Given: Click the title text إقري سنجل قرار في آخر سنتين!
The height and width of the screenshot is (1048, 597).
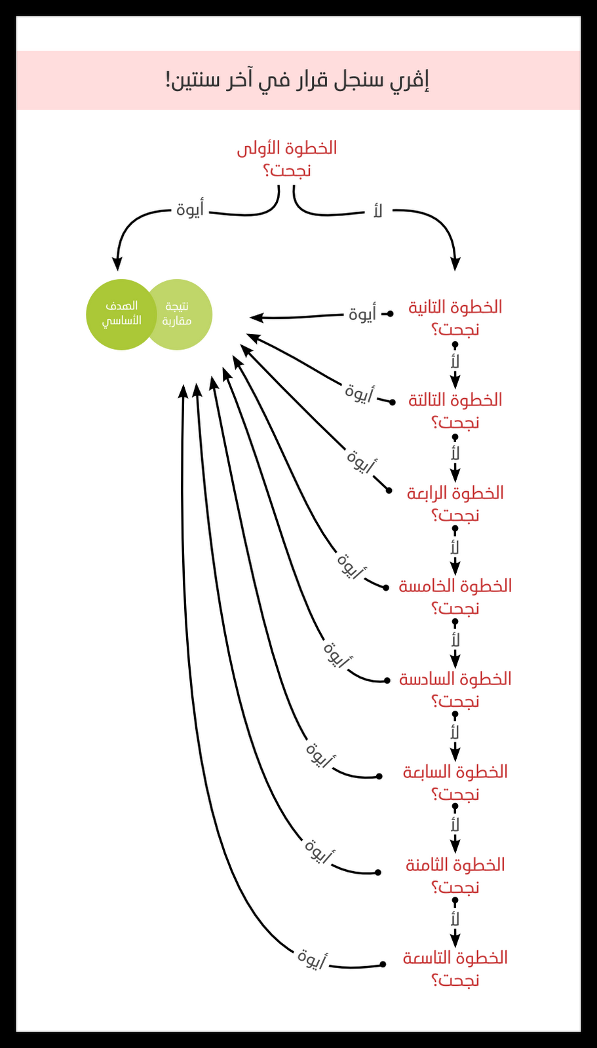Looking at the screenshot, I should [x=298, y=81].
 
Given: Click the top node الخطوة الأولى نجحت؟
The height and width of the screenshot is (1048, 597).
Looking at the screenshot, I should [x=287, y=159].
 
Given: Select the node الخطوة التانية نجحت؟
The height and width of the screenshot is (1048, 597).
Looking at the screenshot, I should [x=455, y=318].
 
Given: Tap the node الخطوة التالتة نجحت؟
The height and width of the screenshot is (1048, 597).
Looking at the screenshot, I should [x=455, y=411].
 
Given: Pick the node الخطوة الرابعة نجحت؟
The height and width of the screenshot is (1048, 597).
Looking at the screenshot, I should [x=455, y=504].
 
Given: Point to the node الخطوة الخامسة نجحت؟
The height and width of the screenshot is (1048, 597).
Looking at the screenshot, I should [x=455, y=597].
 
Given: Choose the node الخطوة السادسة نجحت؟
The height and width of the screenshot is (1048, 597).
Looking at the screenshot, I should [x=455, y=690].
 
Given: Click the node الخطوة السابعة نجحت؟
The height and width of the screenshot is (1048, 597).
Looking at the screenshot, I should [x=455, y=783].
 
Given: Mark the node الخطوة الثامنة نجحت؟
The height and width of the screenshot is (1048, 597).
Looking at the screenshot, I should [x=455, y=876].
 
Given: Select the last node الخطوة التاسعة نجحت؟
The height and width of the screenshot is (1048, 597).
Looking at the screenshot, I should [x=455, y=969].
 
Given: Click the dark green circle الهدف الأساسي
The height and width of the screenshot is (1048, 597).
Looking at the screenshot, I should [x=121, y=314].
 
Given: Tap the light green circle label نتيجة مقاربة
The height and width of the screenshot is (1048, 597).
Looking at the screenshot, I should [x=178, y=314].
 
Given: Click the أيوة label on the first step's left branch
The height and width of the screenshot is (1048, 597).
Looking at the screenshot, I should [x=190, y=210].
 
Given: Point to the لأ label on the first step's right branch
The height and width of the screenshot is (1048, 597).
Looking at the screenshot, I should [x=377, y=211].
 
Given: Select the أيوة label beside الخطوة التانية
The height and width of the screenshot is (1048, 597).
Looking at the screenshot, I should [x=362, y=314].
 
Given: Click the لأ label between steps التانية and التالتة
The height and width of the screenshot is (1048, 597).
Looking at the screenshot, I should [x=455, y=361].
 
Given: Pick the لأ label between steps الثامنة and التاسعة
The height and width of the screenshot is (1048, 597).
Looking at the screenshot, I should [x=455, y=919].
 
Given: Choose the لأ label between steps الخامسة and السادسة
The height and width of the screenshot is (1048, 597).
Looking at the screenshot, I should [x=455, y=640].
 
